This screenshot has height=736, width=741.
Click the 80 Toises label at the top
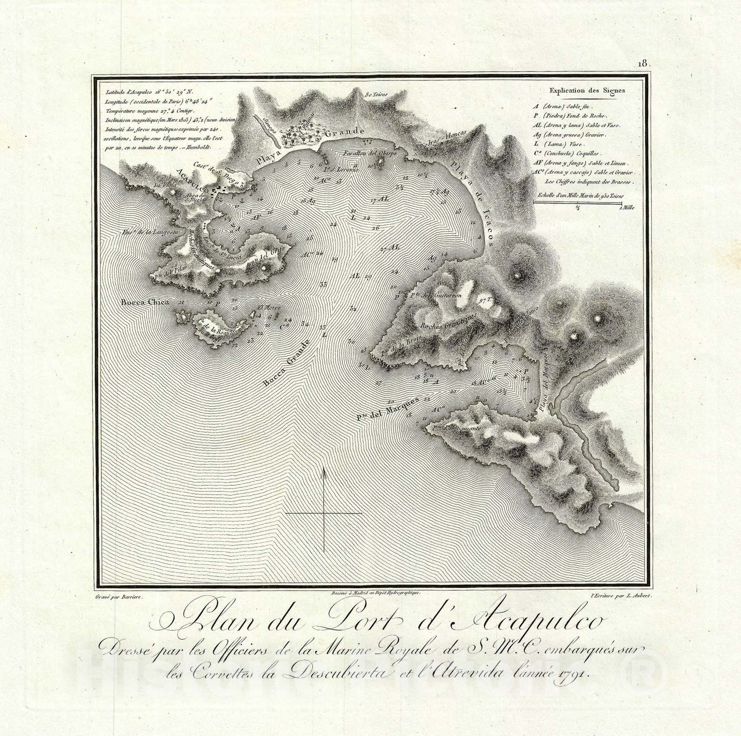tap(375, 95)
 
